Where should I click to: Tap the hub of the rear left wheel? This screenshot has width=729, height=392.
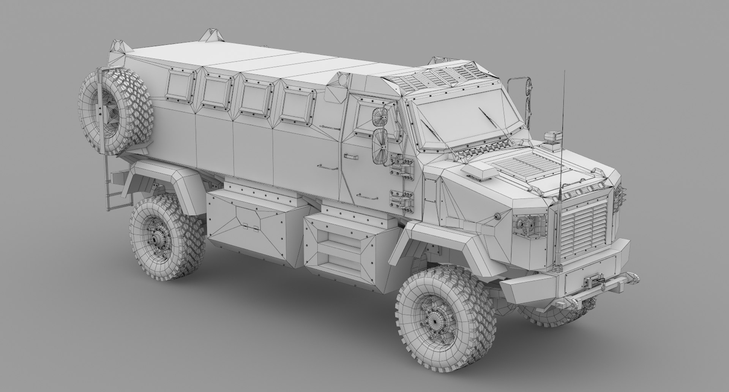158,240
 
